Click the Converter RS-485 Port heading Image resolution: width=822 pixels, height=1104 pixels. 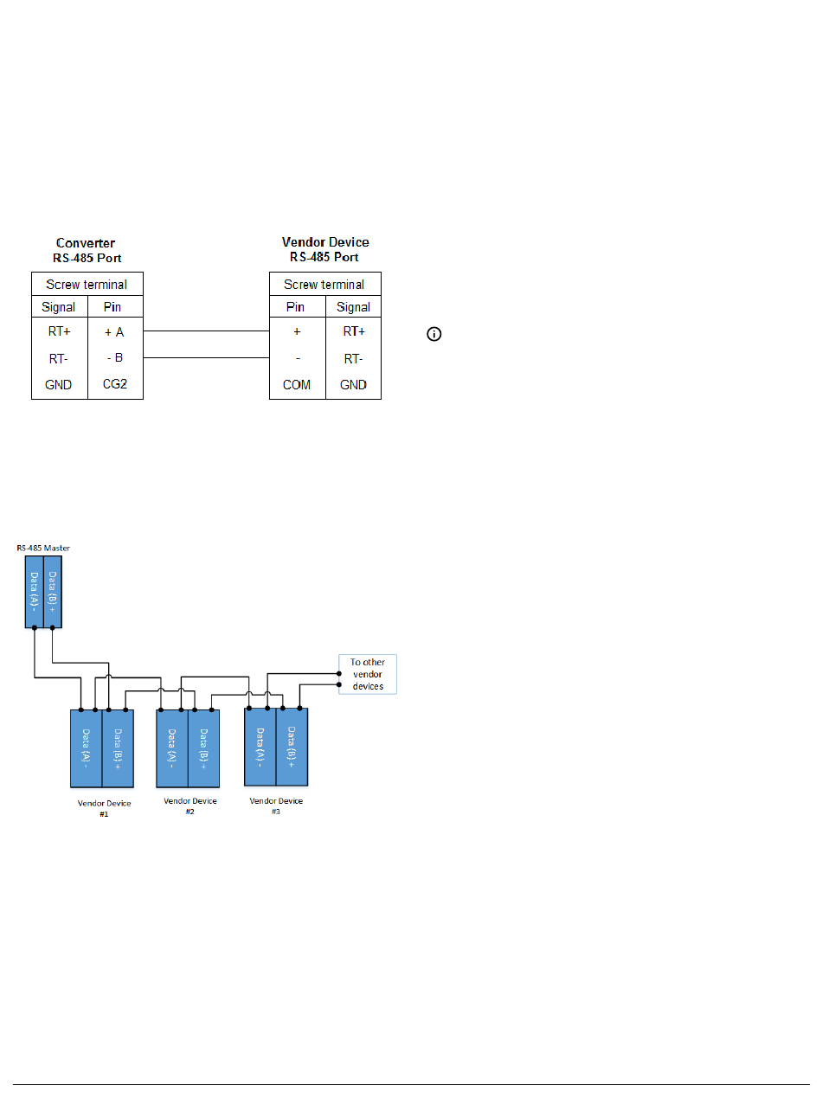pyautogui.click(x=87, y=250)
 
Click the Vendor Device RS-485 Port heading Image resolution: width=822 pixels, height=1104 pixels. pyautogui.click(x=325, y=250)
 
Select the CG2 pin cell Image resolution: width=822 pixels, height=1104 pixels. pyautogui.click(x=115, y=384)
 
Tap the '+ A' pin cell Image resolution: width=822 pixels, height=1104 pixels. pyautogui.click(x=115, y=331)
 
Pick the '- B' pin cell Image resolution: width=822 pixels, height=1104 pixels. pyautogui.click(x=115, y=357)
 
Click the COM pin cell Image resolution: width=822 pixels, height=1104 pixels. pyautogui.click(x=297, y=384)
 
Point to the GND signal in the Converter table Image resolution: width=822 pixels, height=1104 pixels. pyautogui.click(x=59, y=384)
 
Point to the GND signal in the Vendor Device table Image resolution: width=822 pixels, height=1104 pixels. pyautogui.click(x=353, y=384)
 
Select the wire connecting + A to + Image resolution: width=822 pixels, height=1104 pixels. pyautogui.click(x=206, y=331)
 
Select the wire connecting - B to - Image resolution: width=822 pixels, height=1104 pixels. pyautogui.click(x=206, y=357)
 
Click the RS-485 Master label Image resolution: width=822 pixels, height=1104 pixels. pyautogui.click(x=43, y=548)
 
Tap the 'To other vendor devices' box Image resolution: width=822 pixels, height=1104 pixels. pyautogui.click(x=368, y=673)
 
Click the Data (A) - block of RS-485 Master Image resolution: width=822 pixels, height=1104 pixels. pyautogui.click(x=34, y=592)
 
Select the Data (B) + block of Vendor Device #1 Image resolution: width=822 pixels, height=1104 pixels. pyautogui.click(x=118, y=748)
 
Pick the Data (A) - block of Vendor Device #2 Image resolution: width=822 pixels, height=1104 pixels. pyautogui.click(x=172, y=748)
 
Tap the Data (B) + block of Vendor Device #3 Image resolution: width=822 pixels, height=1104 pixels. pyautogui.click(x=292, y=746)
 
